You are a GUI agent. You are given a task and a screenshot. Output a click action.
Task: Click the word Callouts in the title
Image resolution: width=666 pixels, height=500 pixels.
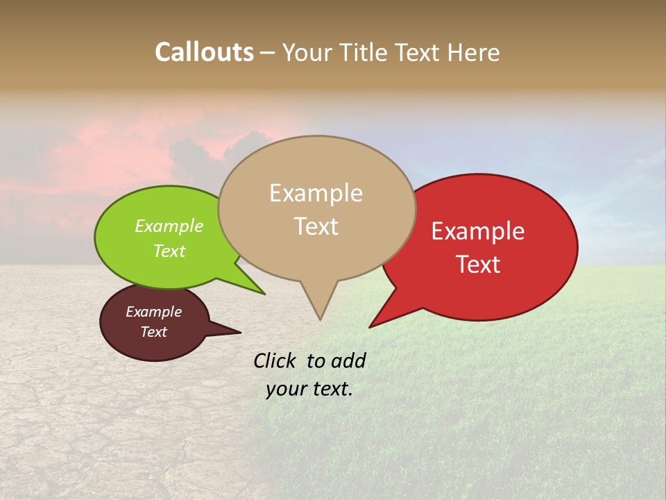[x=204, y=52]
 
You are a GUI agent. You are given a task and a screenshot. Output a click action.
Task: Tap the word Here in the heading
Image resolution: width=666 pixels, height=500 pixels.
[x=474, y=53]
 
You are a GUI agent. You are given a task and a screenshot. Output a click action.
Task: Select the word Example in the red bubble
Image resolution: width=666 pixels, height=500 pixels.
[x=477, y=231]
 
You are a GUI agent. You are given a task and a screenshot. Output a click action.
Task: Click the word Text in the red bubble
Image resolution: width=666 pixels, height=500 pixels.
[x=477, y=264]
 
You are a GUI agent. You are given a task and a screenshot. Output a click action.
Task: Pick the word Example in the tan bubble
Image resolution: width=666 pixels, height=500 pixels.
[x=316, y=193]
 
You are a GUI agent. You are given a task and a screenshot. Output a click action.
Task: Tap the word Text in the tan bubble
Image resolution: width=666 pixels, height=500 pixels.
[x=316, y=226]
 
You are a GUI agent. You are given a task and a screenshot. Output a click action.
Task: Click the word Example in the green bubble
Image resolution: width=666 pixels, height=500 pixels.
[x=169, y=226]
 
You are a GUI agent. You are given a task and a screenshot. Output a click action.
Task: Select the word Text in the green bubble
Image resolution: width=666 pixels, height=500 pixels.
[x=169, y=251]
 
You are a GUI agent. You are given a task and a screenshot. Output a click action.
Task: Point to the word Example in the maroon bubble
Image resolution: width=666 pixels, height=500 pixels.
[x=153, y=312]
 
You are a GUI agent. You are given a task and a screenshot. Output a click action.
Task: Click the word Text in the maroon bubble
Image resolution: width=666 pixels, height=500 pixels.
[x=153, y=332]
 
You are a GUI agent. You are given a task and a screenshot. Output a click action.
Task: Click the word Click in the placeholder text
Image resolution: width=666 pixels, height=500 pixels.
[x=275, y=360]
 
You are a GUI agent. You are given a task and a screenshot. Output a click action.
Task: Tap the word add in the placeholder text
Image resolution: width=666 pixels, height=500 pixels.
[x=348, y=360]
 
